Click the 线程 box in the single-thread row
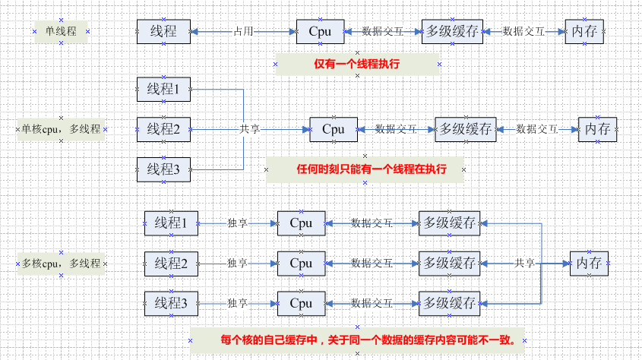[163, 32]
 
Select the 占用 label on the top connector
[243, 32]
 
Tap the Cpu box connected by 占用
[319, 32]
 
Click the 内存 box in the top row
[584, 32]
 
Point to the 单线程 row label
[62, 31]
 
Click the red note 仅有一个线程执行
[357, 64]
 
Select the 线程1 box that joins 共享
[163, 90]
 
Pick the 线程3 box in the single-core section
[163, 169]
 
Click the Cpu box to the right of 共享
[333, 129]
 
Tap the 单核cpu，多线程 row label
[62, 129]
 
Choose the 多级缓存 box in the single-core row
[465, 129]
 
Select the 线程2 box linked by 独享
[171, 264]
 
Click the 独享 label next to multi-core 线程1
[238, 224]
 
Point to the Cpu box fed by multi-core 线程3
[301, 304]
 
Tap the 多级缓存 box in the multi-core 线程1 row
[450, 224]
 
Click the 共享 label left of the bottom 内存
[525, 264]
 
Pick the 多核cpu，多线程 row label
[62, 264]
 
